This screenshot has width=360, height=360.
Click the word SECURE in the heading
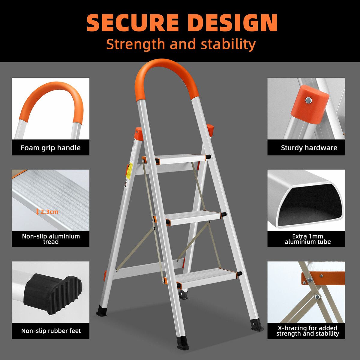coord(133,22)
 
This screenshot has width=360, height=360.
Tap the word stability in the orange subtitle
coord(228,44)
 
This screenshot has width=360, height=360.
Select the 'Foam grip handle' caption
coord(51,148)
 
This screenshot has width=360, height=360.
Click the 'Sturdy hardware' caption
coord(309,148)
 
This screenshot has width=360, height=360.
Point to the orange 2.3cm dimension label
coord(47,212)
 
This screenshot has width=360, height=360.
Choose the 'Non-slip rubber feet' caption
coord(51,331)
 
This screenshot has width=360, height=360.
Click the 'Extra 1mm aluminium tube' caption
coord(308,239)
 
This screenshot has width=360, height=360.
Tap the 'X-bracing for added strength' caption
coord(308,331)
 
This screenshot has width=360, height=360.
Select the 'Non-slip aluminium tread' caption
coord(51,239)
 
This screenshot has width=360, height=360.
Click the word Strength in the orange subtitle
coord(135,44)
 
